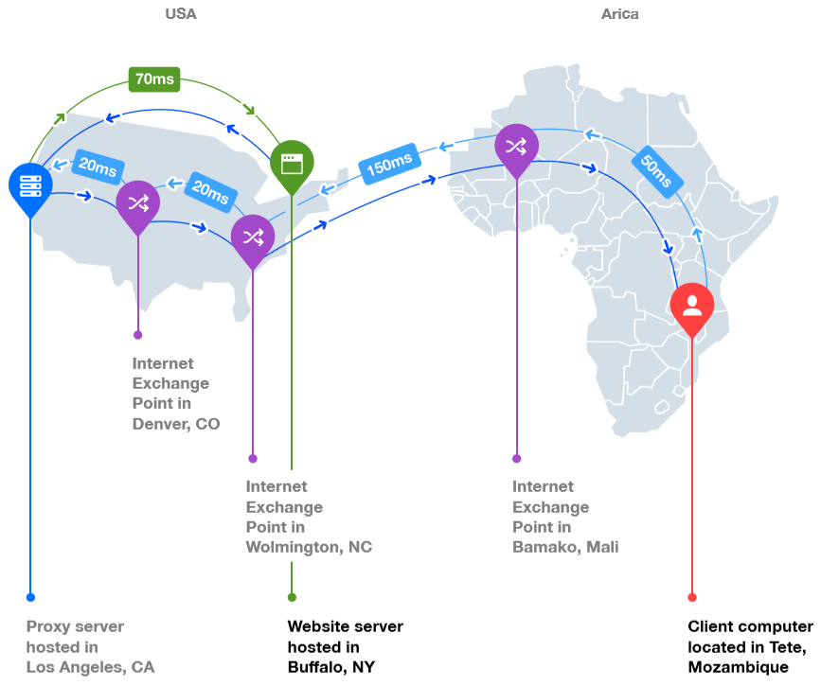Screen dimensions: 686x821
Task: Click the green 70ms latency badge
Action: (x=154, y=79)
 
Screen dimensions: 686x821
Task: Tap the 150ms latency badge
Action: (x=389, y=165)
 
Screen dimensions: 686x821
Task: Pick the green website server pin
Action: (x=292, y=164)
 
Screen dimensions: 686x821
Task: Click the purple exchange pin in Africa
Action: (x=516, y=147)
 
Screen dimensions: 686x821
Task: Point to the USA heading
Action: (x=181, y=14)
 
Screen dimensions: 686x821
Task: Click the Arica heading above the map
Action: (x=620, y=14)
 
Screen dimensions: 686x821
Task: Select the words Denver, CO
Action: (x=176, y=424)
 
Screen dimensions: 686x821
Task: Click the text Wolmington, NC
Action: (x=309, y=547)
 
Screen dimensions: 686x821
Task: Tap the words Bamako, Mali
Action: (x=565, y=547)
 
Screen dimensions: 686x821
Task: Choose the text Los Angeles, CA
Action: (x=90, y=667)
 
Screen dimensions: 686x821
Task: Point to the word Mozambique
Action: (x=739, y=667)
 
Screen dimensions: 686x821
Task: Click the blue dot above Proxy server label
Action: (x=30, y=597)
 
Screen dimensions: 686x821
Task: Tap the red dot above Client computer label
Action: (x=692, y=597)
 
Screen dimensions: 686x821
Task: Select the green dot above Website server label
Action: (x=292, y=597)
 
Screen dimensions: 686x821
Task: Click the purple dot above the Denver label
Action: (x=138, y=335)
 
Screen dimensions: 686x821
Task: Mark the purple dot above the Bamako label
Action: (x=516, y=458)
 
